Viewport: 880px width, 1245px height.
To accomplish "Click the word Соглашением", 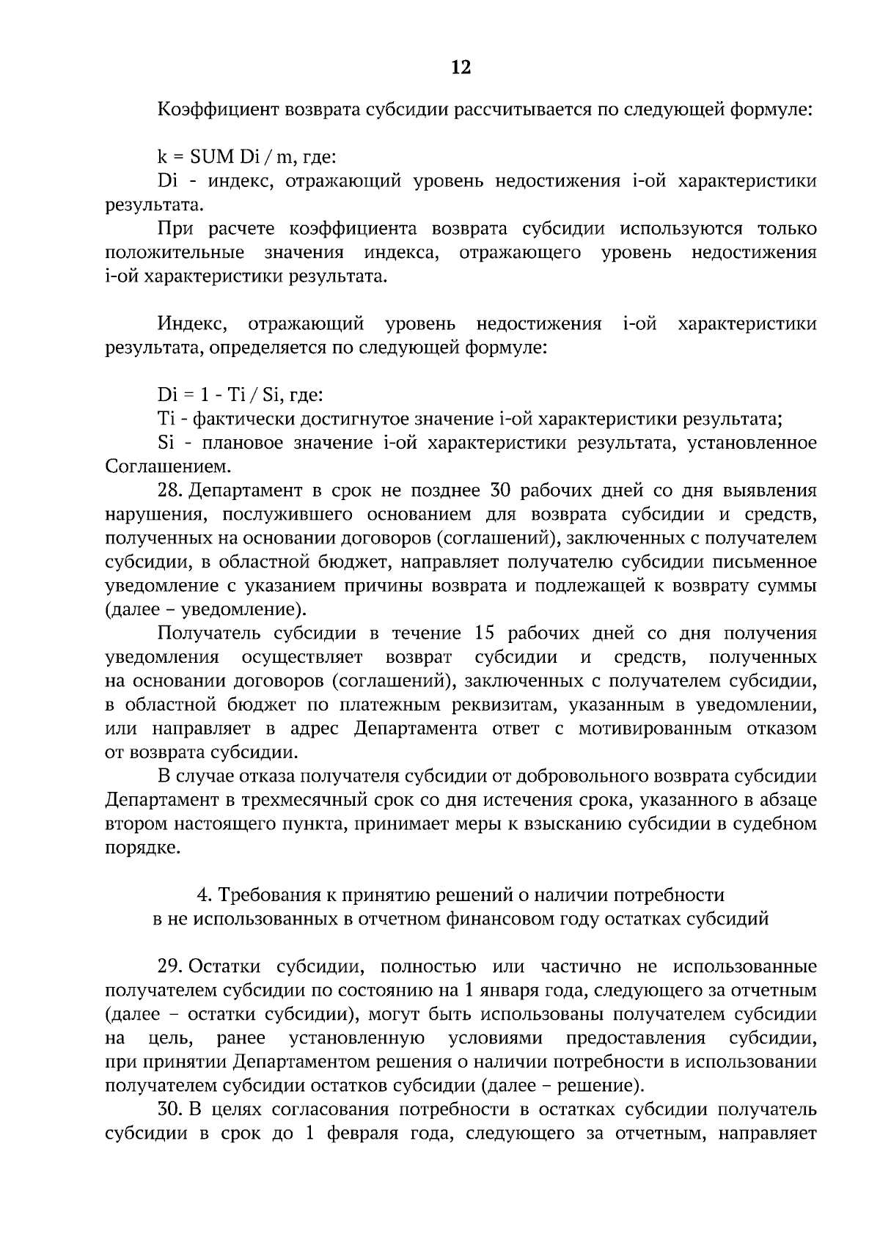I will [167, 466].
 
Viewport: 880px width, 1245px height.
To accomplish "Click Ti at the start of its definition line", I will [164, 419].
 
